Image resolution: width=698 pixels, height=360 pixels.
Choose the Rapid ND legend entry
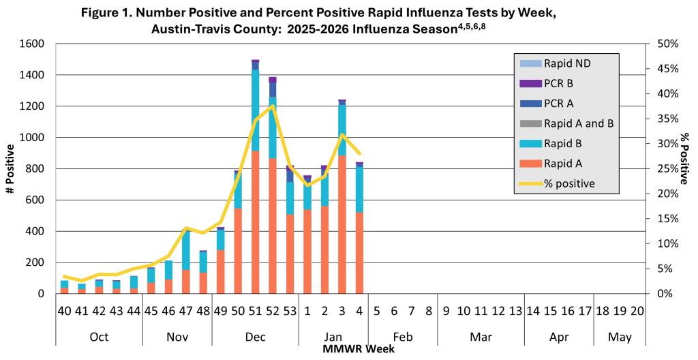(566, 63)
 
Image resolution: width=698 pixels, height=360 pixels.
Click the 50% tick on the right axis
(663, 44)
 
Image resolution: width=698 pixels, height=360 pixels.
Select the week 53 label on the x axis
(290, 311)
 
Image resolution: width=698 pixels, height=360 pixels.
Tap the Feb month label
(403, 336)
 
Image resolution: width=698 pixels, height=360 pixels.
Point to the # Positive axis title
(10, 169)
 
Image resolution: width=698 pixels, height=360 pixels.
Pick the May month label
(620, 336)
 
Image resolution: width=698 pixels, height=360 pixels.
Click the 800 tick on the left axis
(35, 168)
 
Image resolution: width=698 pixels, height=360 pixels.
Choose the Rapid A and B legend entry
(579, 123)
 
